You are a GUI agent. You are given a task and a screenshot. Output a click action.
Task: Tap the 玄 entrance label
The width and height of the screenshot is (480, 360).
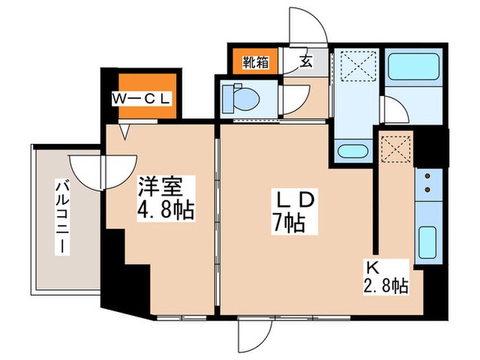click(306, 62)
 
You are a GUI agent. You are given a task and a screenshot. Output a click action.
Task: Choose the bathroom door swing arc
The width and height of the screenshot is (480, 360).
click(393, 110)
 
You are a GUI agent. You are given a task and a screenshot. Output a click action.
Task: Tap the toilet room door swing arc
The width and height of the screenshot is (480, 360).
click(292, 102)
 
